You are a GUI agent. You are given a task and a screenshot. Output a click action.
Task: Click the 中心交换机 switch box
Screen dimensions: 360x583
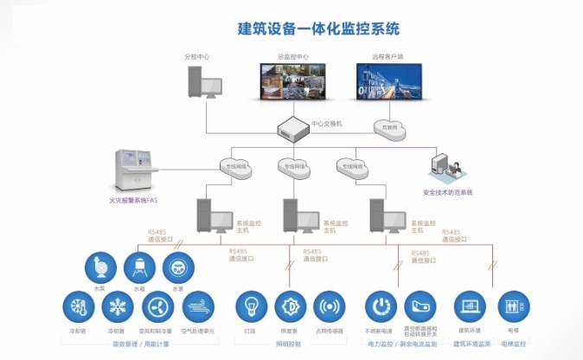(x=293, y=130)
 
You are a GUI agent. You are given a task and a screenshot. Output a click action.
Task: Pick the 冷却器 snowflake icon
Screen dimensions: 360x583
(x=117, y=307)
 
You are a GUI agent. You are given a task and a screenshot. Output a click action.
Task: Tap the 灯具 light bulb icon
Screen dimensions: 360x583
(x=252, y=307)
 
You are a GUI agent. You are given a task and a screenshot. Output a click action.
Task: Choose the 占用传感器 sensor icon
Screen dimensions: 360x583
(x=330, y=307)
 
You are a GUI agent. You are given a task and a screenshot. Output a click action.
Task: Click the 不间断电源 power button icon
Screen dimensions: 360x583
(x=381, y=307)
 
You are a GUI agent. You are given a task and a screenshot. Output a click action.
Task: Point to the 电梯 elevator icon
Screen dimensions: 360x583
(x=514, y=307)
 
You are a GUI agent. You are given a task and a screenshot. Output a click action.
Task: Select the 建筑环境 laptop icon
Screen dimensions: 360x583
(x=471, y=307)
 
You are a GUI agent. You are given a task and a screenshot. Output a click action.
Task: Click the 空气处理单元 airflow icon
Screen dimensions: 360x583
(x=198, y=307)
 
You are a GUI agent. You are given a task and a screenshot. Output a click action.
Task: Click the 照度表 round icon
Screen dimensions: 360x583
(x=291, y=307)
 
